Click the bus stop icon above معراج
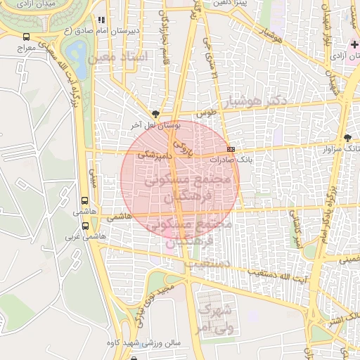tap(27, 37)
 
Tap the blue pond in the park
tap(78, 51)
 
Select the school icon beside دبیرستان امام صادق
tap(101, 20)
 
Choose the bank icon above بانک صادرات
tap(231, 149)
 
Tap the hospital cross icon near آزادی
tap(353, 44)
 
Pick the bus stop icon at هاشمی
tap(85, 200)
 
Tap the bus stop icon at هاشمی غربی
tap(85, 226)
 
